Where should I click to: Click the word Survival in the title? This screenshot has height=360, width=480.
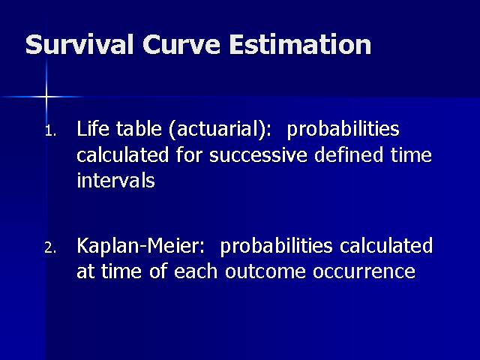pyautogui.click(x=79, y=44)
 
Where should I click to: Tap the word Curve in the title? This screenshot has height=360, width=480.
pyautogui.click(x=181, y=44)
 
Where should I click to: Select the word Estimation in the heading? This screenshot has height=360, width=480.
pyautogui.click(x=300, y=44)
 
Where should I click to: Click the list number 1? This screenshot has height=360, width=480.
pyautogui.click(x=50, y=131)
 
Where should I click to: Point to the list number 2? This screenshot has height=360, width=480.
pyautogui.click(x=50, y=247)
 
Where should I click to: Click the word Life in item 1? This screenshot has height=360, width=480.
pyautogui.click(x=93, y=128)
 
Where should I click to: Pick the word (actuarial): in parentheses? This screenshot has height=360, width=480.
pyautogui.click(x=220, y=129)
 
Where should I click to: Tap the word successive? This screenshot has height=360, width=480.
pyautogui.click(x=258, y=154)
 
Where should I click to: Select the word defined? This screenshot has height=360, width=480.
pyautogui.click(x=349, y=154)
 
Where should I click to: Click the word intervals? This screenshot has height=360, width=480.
pyautogui.click(x=115, y=180)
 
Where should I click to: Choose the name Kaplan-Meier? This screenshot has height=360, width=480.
pyautogui.click(x=140, y=245)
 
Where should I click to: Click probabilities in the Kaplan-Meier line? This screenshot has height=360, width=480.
pyautogui.click(x=276, y=247)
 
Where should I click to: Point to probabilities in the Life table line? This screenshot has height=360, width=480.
pyautogui.click(x=343, y=129)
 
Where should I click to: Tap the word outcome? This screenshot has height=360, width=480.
pyautogui.click(x=265, y=271)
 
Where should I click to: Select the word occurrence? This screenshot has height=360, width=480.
pyautogui.click(x=364, y=271)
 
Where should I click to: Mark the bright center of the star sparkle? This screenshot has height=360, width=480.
pyautogui.click(x=46, y=97)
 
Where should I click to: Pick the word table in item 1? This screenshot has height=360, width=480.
pyautogui.click(x=139, y=128)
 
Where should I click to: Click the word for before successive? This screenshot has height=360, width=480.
pyautogui.click(x=189, y=154)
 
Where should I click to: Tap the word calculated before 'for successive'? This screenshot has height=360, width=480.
pyautogui.click(x=122, y=154)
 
